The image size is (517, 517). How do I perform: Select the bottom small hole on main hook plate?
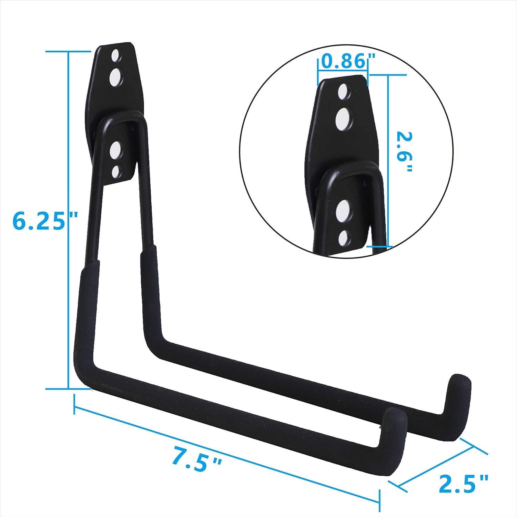(116, 171)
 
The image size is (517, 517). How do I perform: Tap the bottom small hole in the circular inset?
(343, 237)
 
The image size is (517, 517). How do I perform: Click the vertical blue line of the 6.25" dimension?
(69, 221)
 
